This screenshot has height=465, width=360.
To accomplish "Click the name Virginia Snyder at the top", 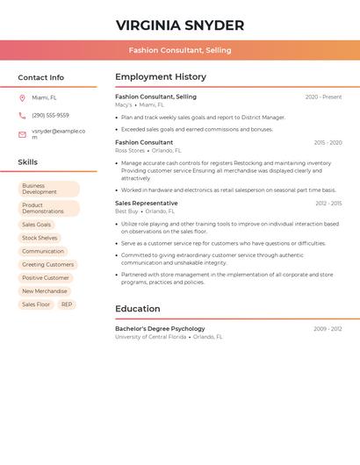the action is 180,25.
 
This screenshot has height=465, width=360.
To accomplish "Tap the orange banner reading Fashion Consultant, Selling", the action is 180,50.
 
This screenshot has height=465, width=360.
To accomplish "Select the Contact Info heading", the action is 40,77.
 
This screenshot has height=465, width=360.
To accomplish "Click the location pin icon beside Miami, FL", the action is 22,97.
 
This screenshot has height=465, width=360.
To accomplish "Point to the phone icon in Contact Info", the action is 22,115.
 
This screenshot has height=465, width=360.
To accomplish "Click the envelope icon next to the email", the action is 22,134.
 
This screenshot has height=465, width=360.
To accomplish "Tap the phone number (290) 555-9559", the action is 50,115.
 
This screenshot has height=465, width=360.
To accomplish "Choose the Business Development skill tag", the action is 48,189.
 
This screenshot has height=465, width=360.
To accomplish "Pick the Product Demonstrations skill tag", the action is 48,208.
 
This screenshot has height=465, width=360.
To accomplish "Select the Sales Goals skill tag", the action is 36,225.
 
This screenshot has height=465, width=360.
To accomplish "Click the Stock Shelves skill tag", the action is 40,238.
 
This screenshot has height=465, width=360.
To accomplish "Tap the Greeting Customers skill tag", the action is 47,264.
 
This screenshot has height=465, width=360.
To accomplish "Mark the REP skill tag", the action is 67,304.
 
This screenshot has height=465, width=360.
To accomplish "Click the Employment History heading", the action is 161,77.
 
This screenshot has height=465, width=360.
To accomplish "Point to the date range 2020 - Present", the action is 323,97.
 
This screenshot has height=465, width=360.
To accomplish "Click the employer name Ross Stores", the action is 130,150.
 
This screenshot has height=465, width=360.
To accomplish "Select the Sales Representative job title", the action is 145,203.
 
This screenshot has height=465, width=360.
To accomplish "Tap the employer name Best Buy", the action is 126,211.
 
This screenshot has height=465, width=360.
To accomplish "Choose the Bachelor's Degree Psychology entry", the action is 160,328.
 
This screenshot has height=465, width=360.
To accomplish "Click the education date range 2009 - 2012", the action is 328,329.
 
